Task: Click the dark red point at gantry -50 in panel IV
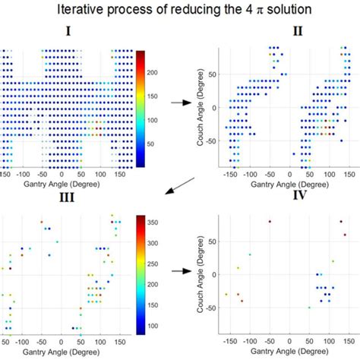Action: click(x=269, y=222)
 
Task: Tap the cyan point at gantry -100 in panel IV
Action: click(x=250, y=254)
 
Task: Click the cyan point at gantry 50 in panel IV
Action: click(x=309, y=307)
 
